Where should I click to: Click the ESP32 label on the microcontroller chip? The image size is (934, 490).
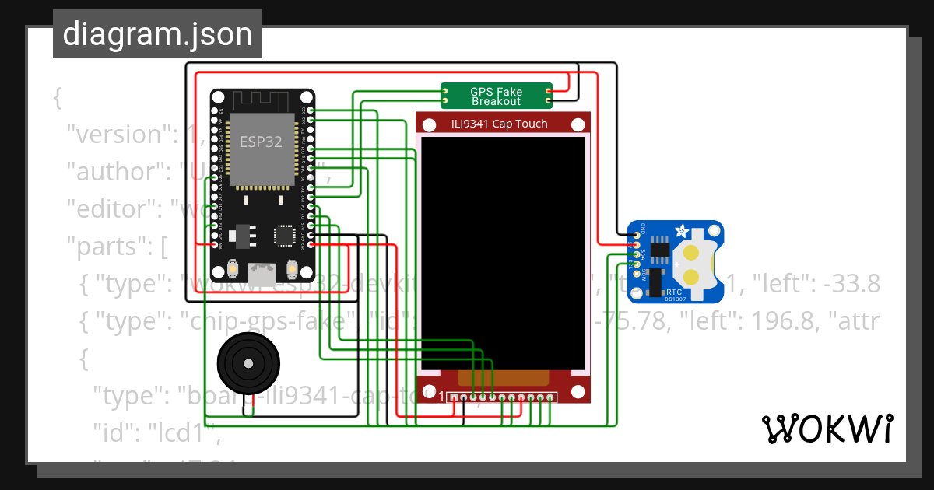(255, 142)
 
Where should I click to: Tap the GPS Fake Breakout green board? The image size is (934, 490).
(497, 96)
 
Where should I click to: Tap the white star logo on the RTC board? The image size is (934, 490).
(683, 231)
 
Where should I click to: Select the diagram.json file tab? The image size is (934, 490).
(157, 34)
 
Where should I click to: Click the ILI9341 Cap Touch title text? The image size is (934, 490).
(499, 124)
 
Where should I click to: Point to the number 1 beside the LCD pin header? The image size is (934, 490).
(442, 397)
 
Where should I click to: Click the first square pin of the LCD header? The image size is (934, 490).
(453, 398)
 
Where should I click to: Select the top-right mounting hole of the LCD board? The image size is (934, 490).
(578, 124)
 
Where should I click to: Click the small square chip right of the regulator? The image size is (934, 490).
(283, 235)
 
